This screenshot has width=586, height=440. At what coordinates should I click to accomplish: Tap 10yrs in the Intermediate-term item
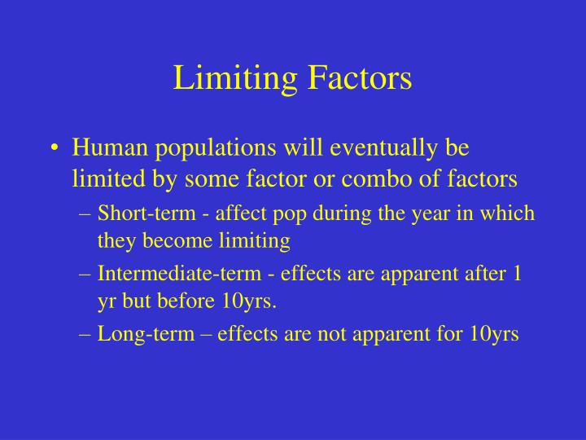249,301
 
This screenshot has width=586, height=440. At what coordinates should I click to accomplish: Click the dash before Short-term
88,213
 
